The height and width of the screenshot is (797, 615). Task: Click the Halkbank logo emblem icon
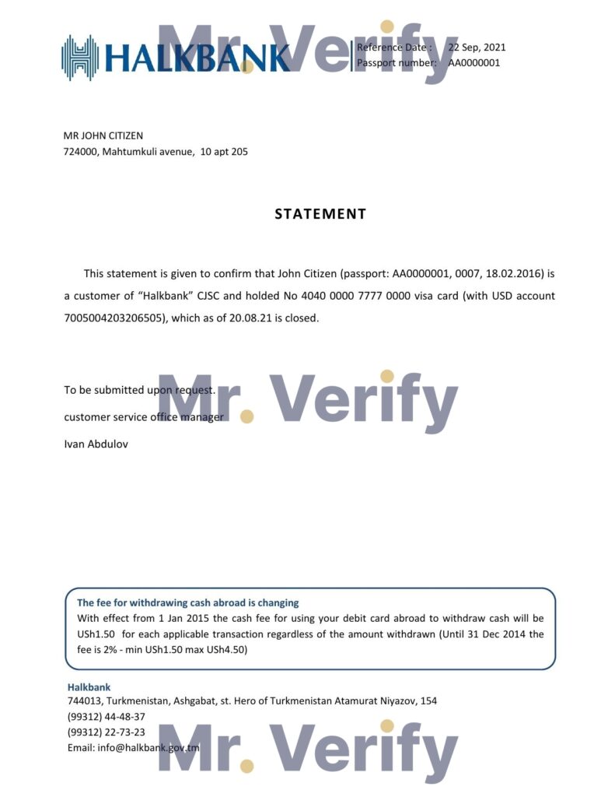(80, 58)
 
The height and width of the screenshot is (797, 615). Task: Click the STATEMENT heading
(320, 214)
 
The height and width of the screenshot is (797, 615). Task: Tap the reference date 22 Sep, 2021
(477, 47)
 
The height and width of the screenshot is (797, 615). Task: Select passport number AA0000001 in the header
(473, 63)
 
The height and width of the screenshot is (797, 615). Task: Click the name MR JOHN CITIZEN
(103, 136)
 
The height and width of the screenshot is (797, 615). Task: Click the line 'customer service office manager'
(144, 417)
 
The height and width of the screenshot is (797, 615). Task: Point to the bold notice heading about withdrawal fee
(187, 602)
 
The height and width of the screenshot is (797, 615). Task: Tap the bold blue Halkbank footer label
(89, 687)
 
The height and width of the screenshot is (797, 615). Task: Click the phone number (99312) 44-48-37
(107, 717)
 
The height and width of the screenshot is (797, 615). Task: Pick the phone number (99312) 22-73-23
(107, 732)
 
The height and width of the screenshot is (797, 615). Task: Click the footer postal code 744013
(84, 701)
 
